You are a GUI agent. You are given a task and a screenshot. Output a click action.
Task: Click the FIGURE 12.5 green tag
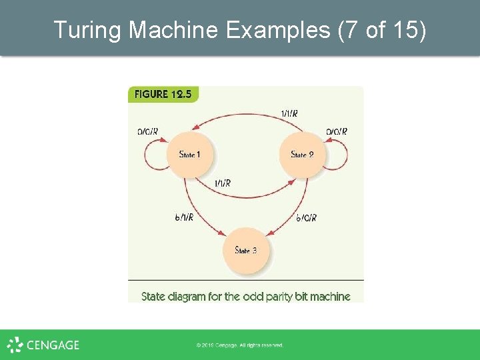163,94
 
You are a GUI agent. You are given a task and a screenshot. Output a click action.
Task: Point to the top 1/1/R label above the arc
289,114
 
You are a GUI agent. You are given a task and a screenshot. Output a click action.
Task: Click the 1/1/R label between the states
223,183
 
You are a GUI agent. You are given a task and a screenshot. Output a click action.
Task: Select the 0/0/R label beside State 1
148,131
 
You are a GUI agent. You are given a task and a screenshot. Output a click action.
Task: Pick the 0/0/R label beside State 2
337,131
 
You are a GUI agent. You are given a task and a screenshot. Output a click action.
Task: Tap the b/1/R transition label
184,217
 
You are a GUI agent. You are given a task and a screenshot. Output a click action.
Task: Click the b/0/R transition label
306,217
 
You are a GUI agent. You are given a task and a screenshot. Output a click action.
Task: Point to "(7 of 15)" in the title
382,29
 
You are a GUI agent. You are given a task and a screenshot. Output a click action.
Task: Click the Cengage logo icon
15,345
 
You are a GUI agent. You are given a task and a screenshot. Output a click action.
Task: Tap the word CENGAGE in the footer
53,345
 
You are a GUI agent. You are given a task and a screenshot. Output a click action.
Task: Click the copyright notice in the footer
240,345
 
